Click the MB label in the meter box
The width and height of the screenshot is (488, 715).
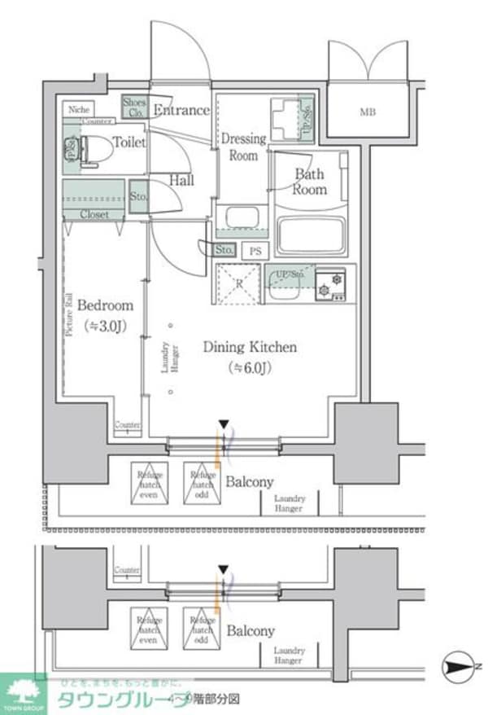point(368,112)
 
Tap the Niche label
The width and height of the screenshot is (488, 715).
point(78,108)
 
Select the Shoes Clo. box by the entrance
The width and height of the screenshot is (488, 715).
point(133,107)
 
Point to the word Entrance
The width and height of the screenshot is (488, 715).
point(181,110)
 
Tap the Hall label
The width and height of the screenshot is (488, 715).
point(181,180)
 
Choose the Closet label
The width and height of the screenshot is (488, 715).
point(94,214)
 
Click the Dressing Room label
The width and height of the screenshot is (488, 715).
point(243,147)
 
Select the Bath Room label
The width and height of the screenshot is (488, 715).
point(309,181)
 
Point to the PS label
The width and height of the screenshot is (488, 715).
point(255,251)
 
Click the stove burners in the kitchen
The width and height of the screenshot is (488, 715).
point(331,283)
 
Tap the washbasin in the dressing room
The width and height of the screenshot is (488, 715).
point(241,218)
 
